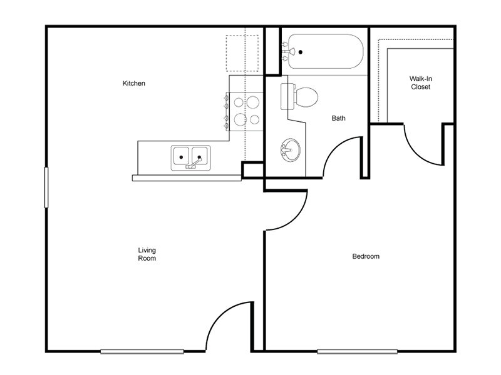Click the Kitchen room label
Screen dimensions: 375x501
click(134, 83)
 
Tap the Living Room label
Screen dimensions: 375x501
click(147, 254)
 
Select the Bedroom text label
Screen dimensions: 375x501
click(366, 256)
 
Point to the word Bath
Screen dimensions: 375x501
click(338, 117)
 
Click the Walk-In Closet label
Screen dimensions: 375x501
click(420, 82)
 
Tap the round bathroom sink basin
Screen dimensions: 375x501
click(290, 150)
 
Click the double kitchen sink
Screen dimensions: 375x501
click(190, 156)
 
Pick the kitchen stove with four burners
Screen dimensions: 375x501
click(245, 110)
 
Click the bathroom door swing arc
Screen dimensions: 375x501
click(342, 156)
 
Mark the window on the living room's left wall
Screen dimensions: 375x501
click(45, 187)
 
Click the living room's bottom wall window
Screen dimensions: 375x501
click(142, 351)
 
